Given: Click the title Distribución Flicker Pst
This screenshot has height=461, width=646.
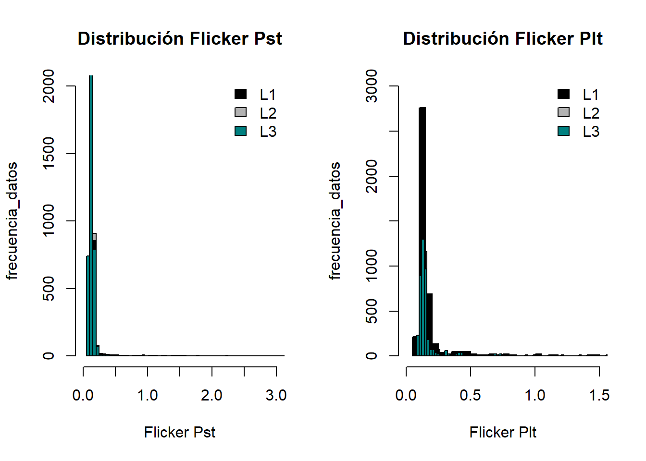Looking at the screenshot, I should pyautogui.click(x=180, y=38).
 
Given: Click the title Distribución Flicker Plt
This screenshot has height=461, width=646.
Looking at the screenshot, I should pyautogui.click(x=503, y=38).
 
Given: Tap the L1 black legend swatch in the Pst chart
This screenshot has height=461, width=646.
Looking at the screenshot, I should pyautogui.click(x=241, y=94).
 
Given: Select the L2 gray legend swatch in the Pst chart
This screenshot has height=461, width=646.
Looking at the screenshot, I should pyautogui.click(x=241, y=112).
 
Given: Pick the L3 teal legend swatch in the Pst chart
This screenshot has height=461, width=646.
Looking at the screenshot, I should pyautogui.click(x=241, y=131).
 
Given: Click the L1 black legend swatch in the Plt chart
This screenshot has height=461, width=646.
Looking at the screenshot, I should pyautogui.click(x=564, y=94).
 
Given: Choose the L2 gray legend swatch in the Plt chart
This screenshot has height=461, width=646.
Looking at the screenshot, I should pyautogui.click(x=564, y=112).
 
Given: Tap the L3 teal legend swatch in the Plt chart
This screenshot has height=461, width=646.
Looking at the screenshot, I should pyautogui.click(x=564, y=131).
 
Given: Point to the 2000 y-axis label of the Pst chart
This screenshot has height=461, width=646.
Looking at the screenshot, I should pyautogui.click(x=49, y=86).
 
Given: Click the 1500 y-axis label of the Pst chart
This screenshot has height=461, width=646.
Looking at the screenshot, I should pyautogui.click(x=49, y=154).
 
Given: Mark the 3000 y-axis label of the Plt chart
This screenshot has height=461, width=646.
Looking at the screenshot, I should pyautogui.click(x=372, y=86).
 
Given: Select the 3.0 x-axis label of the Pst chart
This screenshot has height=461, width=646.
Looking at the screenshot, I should pyautogui.click(x=276, y=395).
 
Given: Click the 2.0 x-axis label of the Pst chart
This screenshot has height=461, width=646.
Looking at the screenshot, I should pyautogui.click(x=211, y=395).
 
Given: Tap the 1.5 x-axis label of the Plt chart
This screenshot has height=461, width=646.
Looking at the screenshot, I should pyautogui.click(x=599, y=395).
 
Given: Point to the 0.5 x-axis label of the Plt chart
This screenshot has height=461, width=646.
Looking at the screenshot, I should pyautogui.click(x=470, y=395).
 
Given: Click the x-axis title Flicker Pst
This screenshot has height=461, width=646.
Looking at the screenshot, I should pyautogui.click(x=180, y=432).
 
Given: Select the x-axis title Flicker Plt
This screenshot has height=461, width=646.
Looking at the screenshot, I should pyautogui.click(x=503, y=432).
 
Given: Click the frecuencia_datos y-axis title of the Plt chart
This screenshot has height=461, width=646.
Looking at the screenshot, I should pyautogui.click(x=335, y=221).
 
